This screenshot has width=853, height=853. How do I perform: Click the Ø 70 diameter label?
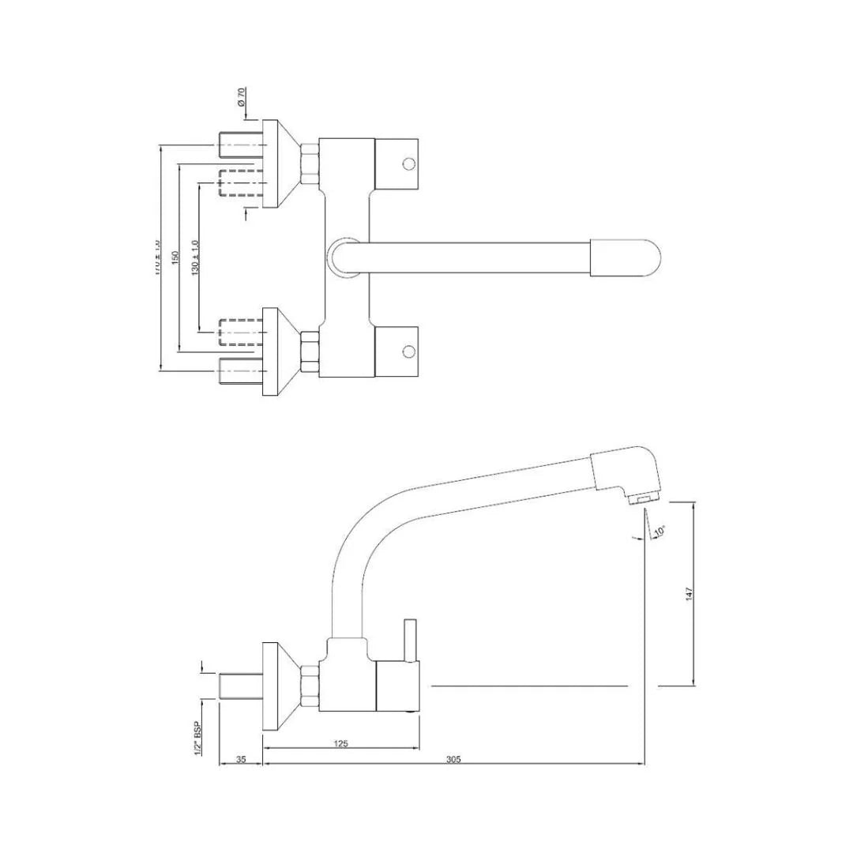(242, 100)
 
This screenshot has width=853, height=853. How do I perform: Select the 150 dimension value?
(175, 257)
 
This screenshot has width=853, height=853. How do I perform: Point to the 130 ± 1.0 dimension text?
(195, 257)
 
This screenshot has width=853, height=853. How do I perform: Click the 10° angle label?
(659, 532)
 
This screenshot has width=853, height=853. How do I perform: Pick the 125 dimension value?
(341, 743)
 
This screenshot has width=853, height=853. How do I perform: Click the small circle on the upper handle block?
(408, 164)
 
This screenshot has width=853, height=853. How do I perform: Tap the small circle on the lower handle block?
(408, 351)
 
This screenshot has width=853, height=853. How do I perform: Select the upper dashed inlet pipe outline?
(240, 183)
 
